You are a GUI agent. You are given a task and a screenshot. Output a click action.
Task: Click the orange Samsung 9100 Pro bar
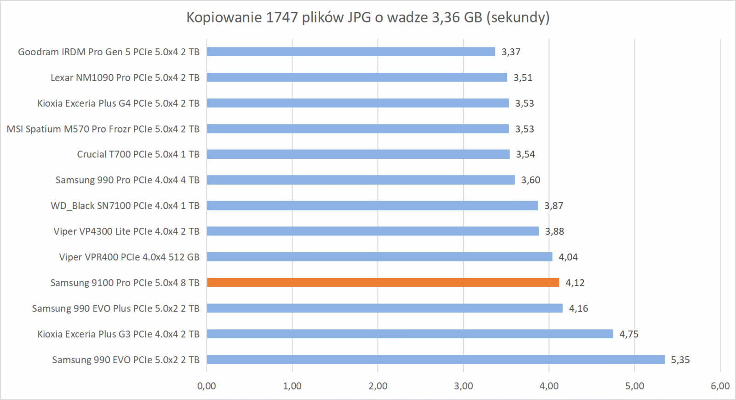click(383, 283)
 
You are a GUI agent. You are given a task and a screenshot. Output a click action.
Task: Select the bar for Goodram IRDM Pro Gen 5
click(351, 52)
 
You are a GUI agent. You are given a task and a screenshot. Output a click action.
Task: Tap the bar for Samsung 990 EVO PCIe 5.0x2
click(436, 359)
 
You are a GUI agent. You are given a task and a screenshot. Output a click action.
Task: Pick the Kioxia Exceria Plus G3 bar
click(409, 334)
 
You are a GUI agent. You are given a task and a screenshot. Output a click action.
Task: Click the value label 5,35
click(680, 360)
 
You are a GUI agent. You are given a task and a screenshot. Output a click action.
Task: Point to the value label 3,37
click(511, 52)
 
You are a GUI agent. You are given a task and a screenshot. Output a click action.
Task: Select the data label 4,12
click(575, 283)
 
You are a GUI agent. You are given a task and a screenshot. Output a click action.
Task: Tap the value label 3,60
click(530, 180)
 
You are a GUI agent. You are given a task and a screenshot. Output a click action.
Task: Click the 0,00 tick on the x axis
click(207, 386)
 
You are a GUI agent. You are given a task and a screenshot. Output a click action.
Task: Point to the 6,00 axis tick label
click(720, 386)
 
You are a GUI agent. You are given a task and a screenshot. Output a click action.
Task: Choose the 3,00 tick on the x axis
click(463, 386)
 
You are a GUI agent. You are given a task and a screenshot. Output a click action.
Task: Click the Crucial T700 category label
click(138, 154)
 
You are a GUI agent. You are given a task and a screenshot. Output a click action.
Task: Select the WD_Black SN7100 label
click(125, 206)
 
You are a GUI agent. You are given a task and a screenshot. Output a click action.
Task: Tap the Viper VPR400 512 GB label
click(129, 257)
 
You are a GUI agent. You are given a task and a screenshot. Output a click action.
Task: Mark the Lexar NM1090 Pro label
click(125, 77)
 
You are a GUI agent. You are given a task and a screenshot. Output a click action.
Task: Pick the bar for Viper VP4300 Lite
click(373, 231)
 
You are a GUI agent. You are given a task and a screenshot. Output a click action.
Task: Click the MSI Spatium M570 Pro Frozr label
click(103, 129)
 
